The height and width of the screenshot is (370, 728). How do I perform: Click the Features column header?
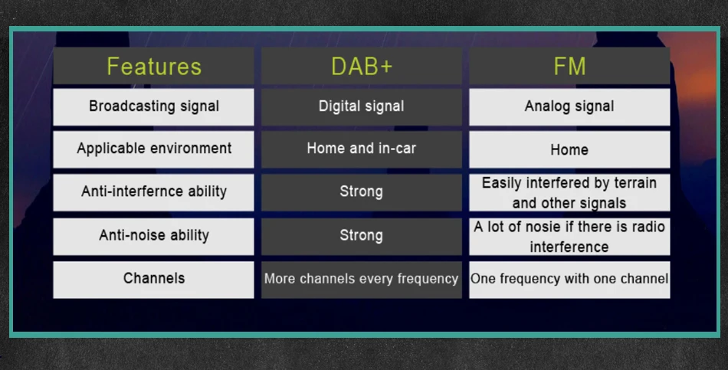[154, 66]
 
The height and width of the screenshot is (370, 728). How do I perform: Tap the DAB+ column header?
[362, 66]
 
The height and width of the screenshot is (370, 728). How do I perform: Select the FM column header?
[569, 66]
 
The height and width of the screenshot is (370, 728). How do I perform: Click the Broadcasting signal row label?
[154, 106]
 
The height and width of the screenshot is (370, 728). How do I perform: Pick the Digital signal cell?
[362, 106]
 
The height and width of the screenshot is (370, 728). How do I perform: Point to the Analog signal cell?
[569, 106]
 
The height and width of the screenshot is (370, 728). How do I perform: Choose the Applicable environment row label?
[154, 149]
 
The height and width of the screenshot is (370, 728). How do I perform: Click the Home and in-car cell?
[362, 149]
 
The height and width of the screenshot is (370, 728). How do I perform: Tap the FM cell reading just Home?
[569, 149]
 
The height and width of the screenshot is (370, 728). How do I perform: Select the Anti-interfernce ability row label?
[154, 192]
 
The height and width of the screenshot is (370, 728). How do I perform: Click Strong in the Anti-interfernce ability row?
[362, 192]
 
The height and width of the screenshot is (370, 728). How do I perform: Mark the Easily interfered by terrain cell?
[569, 192]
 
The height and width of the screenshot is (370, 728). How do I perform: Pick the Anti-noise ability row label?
[154, 236]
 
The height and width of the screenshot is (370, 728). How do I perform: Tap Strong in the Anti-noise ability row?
[362, 236]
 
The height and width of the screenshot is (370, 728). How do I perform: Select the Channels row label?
[154, 280]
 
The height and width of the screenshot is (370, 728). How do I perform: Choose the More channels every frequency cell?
[362, 280]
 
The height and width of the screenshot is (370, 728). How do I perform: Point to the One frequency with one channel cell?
[569, 280]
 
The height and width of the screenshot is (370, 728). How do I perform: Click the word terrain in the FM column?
[635, 183]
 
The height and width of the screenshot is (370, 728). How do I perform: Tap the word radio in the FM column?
[648, 227]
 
